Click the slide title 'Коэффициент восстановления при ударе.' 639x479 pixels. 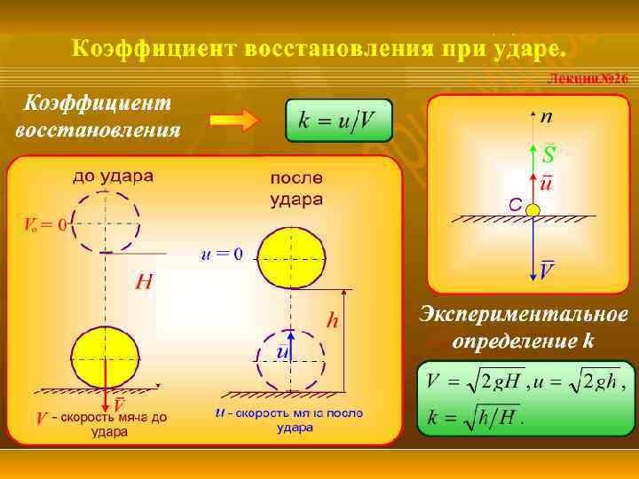318,46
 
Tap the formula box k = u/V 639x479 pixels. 338,121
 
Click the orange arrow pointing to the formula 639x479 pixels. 233,121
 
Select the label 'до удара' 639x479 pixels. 113,175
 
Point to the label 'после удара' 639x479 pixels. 296,188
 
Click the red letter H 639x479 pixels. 143,283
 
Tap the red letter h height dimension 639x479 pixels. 333,321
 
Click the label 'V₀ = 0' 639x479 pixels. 43,224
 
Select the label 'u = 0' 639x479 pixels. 222,255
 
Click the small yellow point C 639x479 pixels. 532,210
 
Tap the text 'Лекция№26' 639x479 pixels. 588,80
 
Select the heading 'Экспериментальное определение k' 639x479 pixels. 523,327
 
